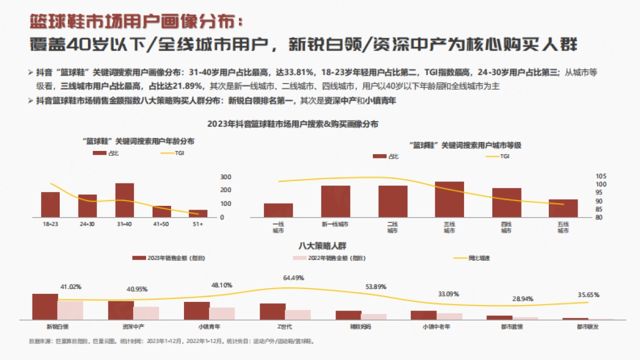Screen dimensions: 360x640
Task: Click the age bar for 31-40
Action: [x=125, y=200]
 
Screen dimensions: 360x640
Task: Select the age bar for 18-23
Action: [x=50, y=204]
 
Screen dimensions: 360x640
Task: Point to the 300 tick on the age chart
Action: [x=226, y=177]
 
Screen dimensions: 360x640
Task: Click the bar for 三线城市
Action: [x=449, y=199]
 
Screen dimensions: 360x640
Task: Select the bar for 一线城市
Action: [x=278, y=210]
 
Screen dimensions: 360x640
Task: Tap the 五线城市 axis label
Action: [x=563, y=228]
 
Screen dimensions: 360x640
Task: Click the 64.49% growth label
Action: [x=293, y=278]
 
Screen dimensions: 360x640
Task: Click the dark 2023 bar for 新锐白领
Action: [x=45, y=307]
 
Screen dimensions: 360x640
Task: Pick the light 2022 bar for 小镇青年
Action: [x=222, y=314]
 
